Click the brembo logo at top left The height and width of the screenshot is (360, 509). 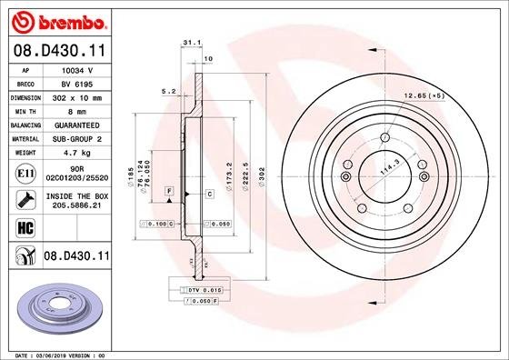[x=56, y=21]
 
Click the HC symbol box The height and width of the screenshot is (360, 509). [x=23, y=225]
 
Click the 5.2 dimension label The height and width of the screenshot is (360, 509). [x=167, y=91]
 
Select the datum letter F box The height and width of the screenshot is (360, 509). [x=169, y=189]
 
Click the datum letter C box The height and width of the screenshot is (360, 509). [x=209, y=194]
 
